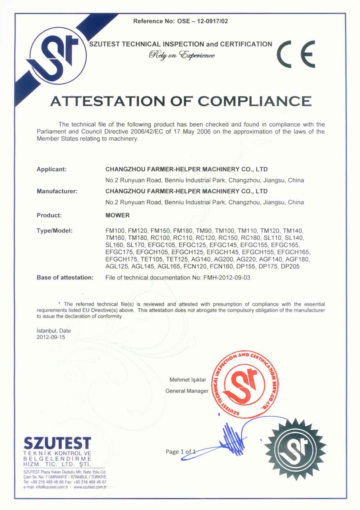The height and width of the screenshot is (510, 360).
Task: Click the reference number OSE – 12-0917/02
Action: click(x=202, y=21)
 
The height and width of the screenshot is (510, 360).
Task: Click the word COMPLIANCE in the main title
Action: click(x=255, y=101)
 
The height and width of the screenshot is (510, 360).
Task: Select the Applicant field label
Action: click(x=52, y=169)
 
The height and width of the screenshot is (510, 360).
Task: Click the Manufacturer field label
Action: click(x=57, y=191)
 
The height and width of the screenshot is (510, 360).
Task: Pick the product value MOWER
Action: click(x=118, y=215)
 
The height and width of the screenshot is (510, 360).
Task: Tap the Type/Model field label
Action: click(x=55, y=231)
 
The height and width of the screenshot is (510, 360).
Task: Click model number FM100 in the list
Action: click(x=115, y=231)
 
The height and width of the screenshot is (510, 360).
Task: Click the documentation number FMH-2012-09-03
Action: click(x=227, y=278)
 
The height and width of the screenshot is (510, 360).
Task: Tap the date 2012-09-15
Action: click(x=51, y=337)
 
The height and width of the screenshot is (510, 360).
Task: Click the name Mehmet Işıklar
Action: click(x=188, y=380)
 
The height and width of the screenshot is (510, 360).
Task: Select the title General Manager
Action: click(x=187, y=391)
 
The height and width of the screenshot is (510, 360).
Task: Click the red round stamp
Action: click(x=245, y=384)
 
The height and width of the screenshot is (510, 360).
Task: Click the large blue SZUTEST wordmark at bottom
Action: click(x=57, y=443)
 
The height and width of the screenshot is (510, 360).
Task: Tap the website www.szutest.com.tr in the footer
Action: click(x=90, y=487)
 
